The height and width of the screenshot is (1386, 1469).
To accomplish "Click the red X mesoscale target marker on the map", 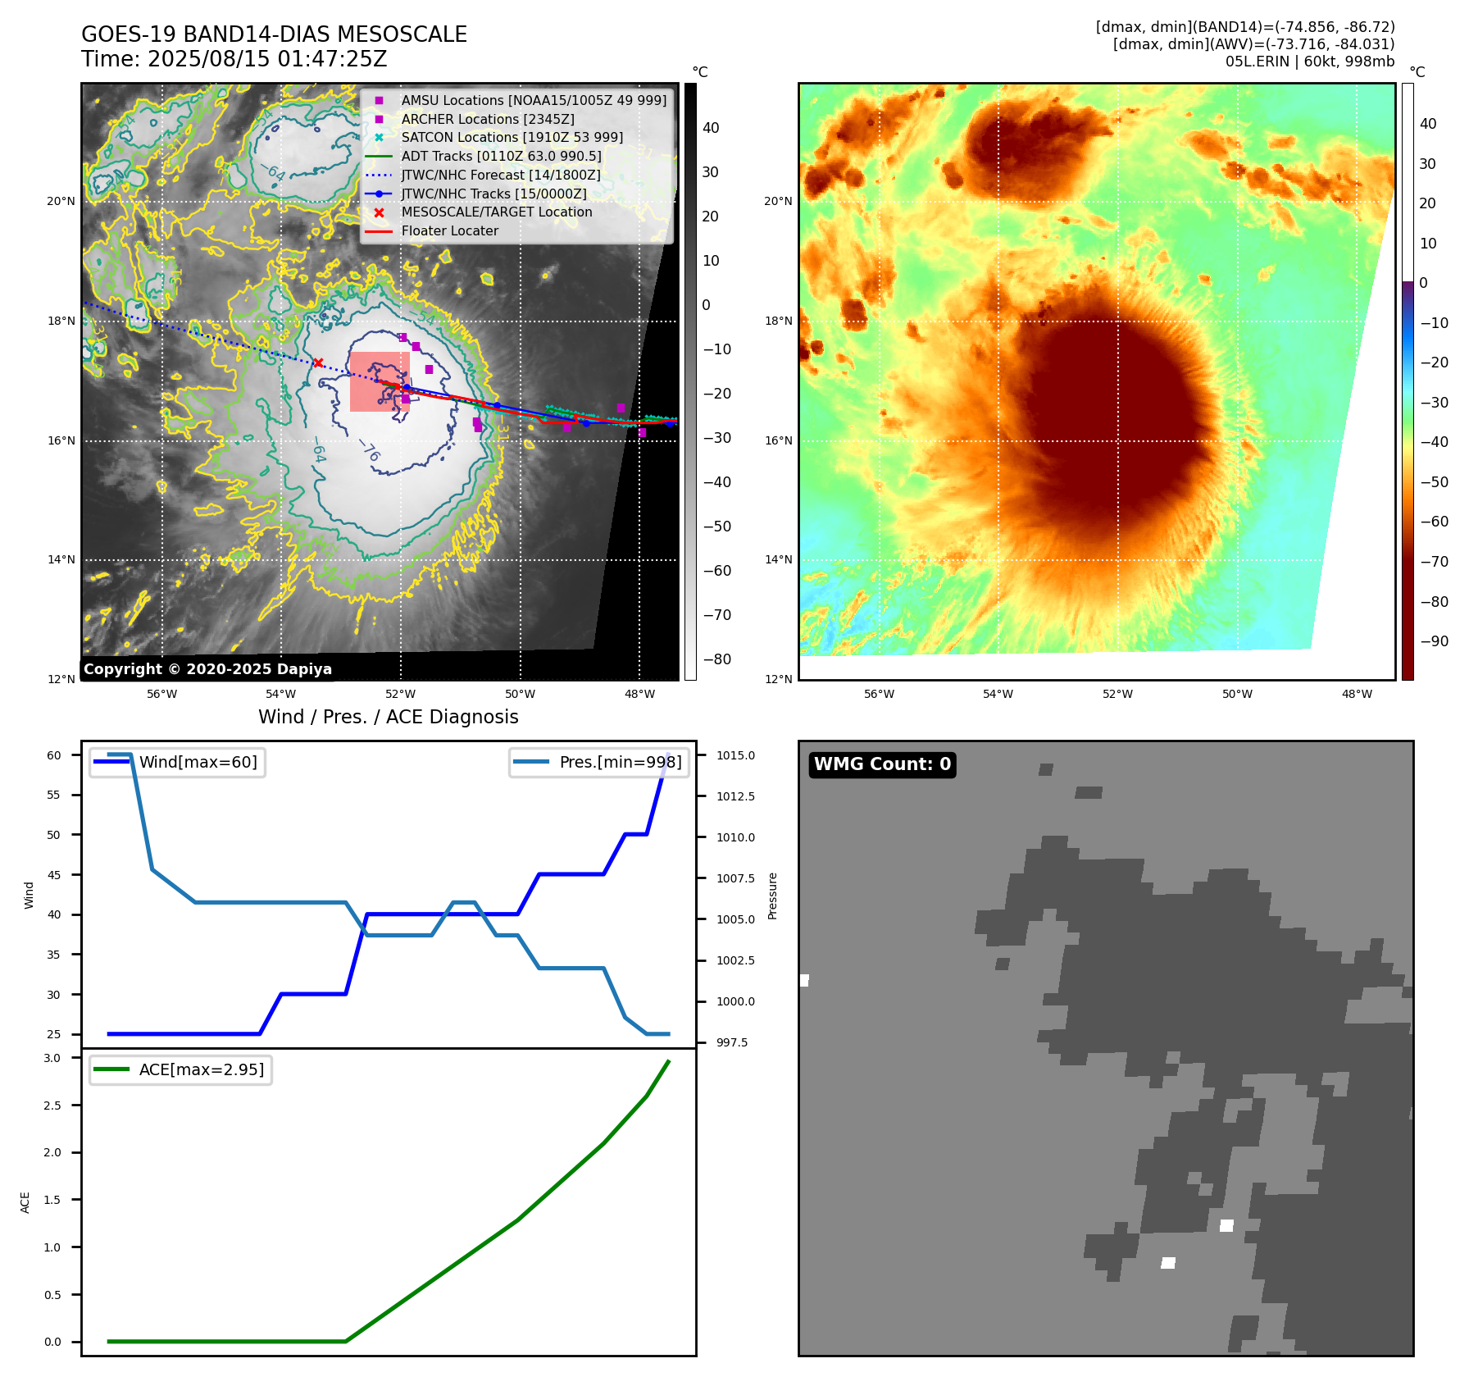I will (318, 362).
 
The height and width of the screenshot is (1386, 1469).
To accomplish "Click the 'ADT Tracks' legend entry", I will (501, 156).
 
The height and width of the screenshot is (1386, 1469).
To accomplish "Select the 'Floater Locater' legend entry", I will (449, 231).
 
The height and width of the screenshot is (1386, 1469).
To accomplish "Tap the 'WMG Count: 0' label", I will (882, 764).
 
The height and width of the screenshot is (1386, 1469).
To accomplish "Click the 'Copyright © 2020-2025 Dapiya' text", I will (207, 669).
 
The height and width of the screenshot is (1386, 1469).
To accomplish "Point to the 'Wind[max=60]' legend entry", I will (198, 762).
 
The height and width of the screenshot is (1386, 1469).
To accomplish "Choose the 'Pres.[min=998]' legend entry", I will (620, 762).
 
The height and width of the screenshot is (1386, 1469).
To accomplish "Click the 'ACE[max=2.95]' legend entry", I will (201, 1069).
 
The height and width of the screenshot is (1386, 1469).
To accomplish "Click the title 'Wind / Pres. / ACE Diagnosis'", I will (388, 717).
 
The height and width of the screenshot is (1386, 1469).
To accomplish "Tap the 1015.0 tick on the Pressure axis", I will (735, 755).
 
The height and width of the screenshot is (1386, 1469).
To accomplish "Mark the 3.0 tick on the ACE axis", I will (52, 1058).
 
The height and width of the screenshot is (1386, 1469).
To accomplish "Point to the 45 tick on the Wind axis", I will (54, 875).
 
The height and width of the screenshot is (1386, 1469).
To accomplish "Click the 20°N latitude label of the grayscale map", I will (61, 202).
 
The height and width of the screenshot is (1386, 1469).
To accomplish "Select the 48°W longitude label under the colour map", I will (1357, 694).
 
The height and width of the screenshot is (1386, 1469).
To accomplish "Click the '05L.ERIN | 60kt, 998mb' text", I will (1309, 62).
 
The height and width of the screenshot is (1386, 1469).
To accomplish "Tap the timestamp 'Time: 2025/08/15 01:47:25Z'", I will (234, 59).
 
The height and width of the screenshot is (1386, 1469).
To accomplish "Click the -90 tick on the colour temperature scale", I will (1434, 641).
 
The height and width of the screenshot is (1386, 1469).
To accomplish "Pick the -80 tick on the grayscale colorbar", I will (716, 659).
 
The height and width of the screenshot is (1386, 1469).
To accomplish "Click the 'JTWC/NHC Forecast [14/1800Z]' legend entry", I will (500, 175).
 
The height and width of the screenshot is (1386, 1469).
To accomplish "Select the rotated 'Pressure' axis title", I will (772, 896).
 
